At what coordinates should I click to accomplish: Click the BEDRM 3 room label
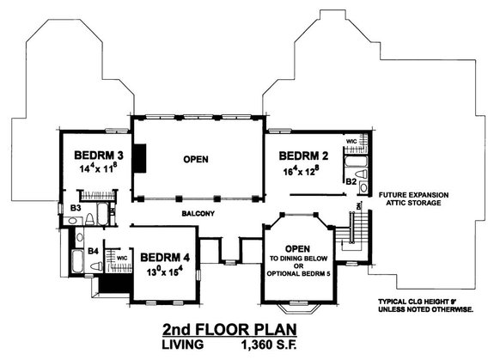[x=95, y=156]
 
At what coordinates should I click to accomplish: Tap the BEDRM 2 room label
[x=305, y=156]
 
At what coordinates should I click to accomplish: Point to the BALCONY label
[x=197, y=213]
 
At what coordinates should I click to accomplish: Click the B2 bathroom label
[x=352, y=181]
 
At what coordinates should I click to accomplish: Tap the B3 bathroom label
[x=75, y=207]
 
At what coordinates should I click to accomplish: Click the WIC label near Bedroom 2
[x=351, y=140]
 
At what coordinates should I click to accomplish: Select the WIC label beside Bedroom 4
[x=122, y=257]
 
